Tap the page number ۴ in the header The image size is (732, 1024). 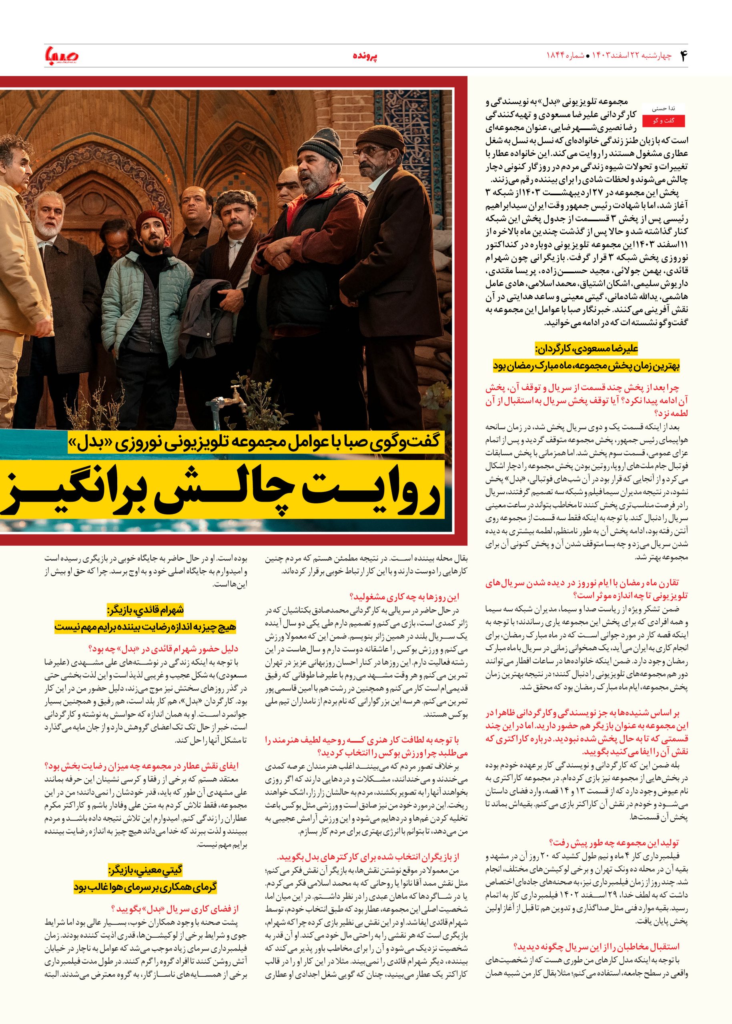tap(681, 56)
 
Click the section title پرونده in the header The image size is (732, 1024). tap(364, 56)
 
